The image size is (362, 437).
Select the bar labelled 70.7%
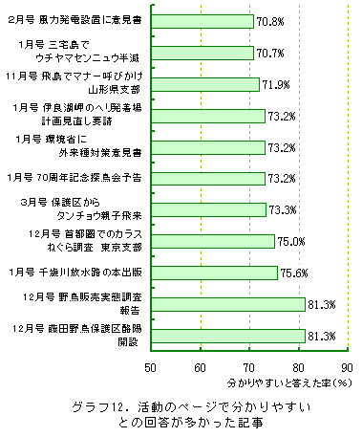pos(201,53)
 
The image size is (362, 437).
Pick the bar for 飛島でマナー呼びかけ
pos(204,84)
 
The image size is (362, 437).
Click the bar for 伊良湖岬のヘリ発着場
pos(207,116)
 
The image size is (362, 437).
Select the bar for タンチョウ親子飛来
pos(207,209)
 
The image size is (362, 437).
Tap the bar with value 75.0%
pos(211,241)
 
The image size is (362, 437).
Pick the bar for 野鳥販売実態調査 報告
pos(227,304)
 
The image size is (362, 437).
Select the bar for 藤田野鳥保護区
pos(227,335)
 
